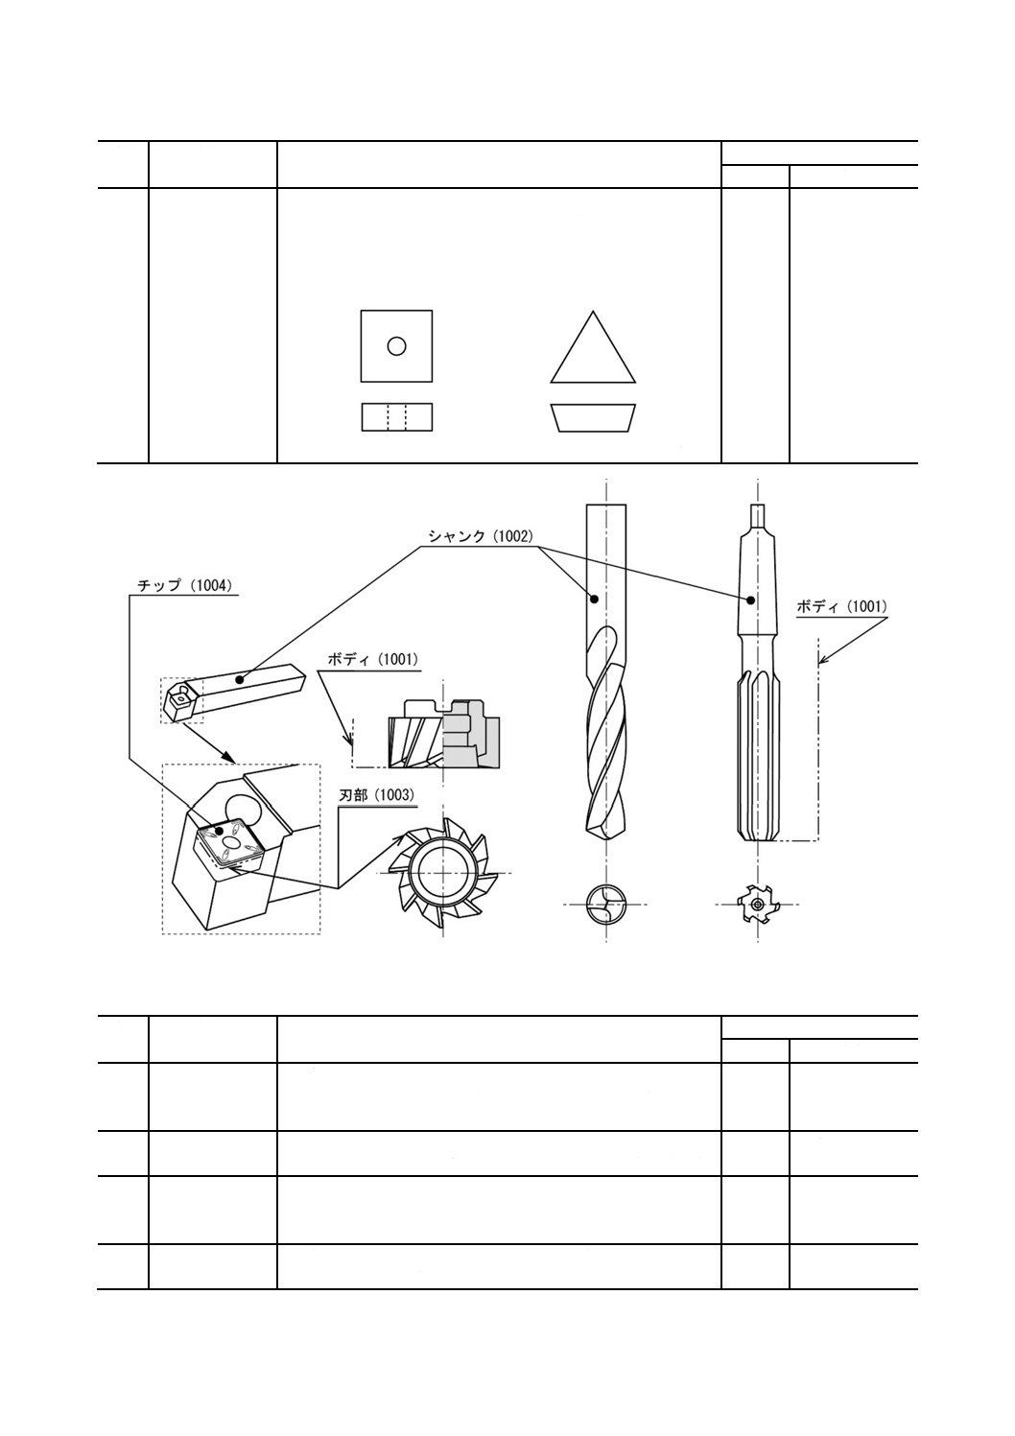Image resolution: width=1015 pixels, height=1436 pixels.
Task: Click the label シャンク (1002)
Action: (479, 537)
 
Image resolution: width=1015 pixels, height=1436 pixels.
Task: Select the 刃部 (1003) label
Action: (378, 795)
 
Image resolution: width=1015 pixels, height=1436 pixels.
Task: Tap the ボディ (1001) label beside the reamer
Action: (841, 606)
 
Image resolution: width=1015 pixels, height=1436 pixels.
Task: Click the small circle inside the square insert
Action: (396, 346)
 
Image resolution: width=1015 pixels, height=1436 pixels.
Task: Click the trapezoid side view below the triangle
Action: (592, 417)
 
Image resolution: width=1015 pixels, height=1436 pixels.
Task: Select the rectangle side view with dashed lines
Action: (396, 417)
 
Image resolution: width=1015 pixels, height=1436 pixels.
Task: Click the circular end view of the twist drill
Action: (605, 904)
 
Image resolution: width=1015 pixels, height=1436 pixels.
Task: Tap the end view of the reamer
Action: (757, 904)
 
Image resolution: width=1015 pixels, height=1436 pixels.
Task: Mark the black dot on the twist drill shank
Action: (595, 600)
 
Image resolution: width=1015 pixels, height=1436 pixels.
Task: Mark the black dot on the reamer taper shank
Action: (751, 600)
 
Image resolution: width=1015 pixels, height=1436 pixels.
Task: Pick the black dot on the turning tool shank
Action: (240, 679)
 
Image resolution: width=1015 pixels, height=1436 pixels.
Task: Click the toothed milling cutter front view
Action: (442, 872)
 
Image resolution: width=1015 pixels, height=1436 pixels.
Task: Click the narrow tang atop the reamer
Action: (758, 515)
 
